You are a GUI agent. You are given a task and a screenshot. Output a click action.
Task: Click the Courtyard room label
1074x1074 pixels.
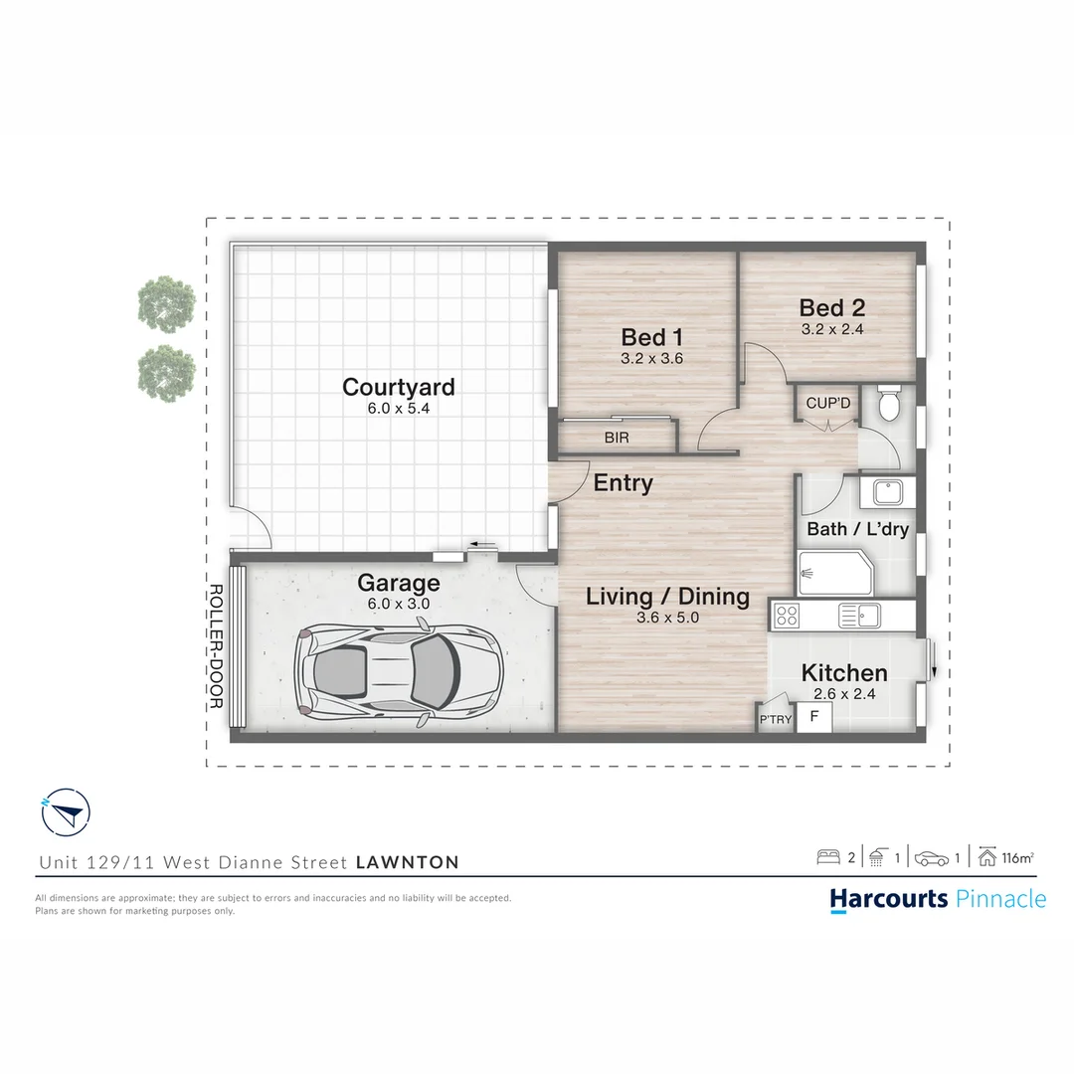pyautogui.click(x=398, y=387)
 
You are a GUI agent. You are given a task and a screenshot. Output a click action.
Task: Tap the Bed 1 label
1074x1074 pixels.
pyautogui.click(x=651, y=337)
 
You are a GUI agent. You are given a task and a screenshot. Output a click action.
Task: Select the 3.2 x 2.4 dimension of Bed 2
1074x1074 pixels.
pyautogui.click(x=831, y=329)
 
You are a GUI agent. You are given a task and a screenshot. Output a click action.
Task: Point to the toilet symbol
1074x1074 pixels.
pyautogui.click(x=889, y=405)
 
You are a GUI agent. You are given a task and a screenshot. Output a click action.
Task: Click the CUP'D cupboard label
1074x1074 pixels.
pyautogui.click(x=828, y=404)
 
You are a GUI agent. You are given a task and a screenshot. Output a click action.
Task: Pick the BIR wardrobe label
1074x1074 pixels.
pyautogui.click(x=617, y=438)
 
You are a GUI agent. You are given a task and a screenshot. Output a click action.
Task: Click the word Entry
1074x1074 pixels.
pyautogui.click(x=624, y=483)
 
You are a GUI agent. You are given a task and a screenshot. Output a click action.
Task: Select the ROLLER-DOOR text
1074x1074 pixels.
pyautogui.click(x=215, y=645)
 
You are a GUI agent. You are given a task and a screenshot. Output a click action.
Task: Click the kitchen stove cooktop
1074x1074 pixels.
pyautogui.click(x=788, y=616)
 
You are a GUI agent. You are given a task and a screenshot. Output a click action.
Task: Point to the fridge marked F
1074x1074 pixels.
pyautogui.click(x=814, y=717)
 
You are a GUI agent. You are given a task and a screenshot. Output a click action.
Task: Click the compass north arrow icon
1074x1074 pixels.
pyautogui.click(x=66, y=813)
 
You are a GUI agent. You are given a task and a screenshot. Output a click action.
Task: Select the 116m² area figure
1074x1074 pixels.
pyautogui.click(x=1017, y=857)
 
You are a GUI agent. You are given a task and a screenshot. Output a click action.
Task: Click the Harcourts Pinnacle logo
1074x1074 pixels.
pyautogui.click(x=938, y=899)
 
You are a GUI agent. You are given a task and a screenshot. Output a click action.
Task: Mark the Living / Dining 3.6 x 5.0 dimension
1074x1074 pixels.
pyautogui.click(x=667, y=618)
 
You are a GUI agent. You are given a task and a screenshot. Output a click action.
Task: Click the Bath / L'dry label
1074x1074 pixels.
pyautogui.click(x=857, y=529)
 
